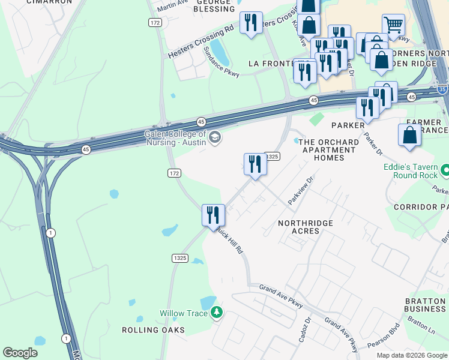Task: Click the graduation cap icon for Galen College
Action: point(215,139)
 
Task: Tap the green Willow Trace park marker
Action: point(217,313)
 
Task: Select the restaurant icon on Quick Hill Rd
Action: point(213,215)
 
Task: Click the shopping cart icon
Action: point(393,25)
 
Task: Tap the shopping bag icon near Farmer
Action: point(409,136)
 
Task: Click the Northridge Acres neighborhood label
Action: point(306,227)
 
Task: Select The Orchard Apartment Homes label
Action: point(329,150)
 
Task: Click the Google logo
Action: point(20,353)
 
